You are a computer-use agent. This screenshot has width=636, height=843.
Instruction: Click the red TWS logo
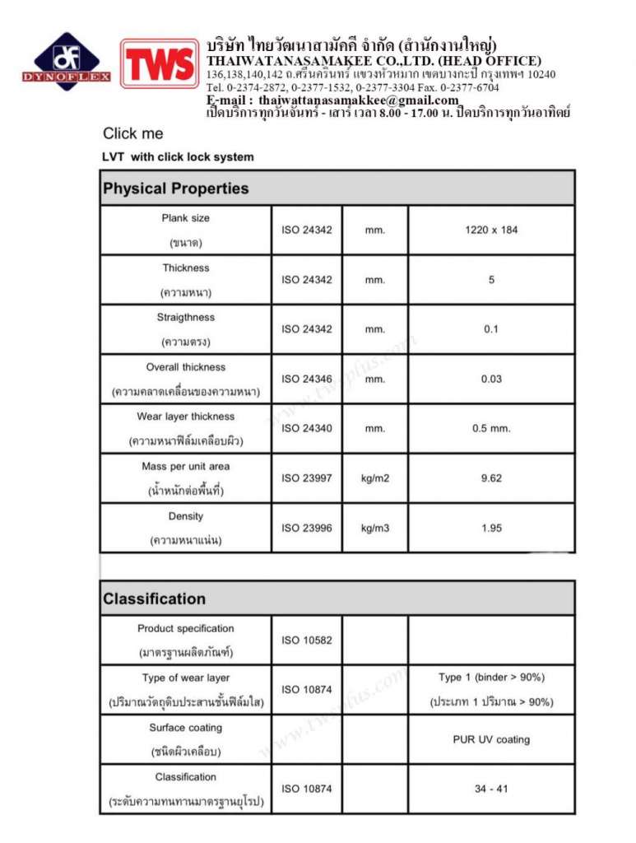pyautogui.click(x=160, y=64)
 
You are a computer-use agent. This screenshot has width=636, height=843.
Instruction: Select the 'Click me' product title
pyautogui.click(x=133, y=133)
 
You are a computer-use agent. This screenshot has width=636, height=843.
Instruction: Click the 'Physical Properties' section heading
pyautogui.click(x=175, y=189)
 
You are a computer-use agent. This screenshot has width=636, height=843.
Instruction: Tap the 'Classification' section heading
pyautogui.click(x=154, y=598)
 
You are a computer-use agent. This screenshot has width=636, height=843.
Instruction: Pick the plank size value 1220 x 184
pyautogui.click(x=491, y=230)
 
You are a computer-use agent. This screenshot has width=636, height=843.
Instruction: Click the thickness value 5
pyautogui.click(x=491, y=280)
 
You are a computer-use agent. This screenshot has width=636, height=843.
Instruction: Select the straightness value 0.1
pyautogui.click(x=491, y=329)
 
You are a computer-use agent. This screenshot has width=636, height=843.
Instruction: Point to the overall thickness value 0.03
pyautogui.click(x=491, y=379)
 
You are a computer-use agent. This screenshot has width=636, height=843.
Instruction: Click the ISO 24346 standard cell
pyautogui.click(x=307, y=379)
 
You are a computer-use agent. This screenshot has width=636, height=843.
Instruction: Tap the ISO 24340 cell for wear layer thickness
pyautogui.click(x=307, y=428)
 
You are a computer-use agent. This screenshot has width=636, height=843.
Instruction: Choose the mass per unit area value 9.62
pyautogui.click(x=491, y=478)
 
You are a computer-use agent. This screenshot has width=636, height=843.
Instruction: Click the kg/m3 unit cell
pyautogui.click(x=374, y=528)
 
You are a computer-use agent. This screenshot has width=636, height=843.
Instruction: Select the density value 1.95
pyautogui.click(x=491, y=528)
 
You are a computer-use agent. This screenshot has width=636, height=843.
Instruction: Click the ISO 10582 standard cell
pyautogui.click(x=307, y=640)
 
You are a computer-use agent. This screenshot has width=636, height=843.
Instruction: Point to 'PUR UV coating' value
pyautogui.click(x=491, y=739)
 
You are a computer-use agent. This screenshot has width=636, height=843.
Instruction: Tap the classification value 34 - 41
pyautogui.click(x=491, y=789)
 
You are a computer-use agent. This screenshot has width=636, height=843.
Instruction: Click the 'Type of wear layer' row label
pyautogui.click(x=186, y=678)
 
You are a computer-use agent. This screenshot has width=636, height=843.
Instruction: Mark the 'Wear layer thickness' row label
pyautogui.click(x=186, y=417)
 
